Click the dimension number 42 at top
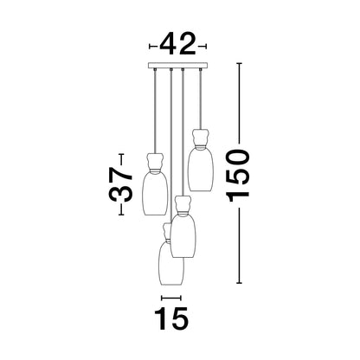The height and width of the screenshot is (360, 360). pos(177,44)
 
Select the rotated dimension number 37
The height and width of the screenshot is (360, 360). pos(121,184)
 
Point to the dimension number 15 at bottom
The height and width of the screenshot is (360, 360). pos(171,318)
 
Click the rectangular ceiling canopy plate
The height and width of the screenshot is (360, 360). pos(177,66)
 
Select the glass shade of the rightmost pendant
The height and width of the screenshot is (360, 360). pos(201,170)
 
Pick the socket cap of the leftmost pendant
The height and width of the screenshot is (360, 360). pos(155,163)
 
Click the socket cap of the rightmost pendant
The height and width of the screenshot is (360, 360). pos(201,138)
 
